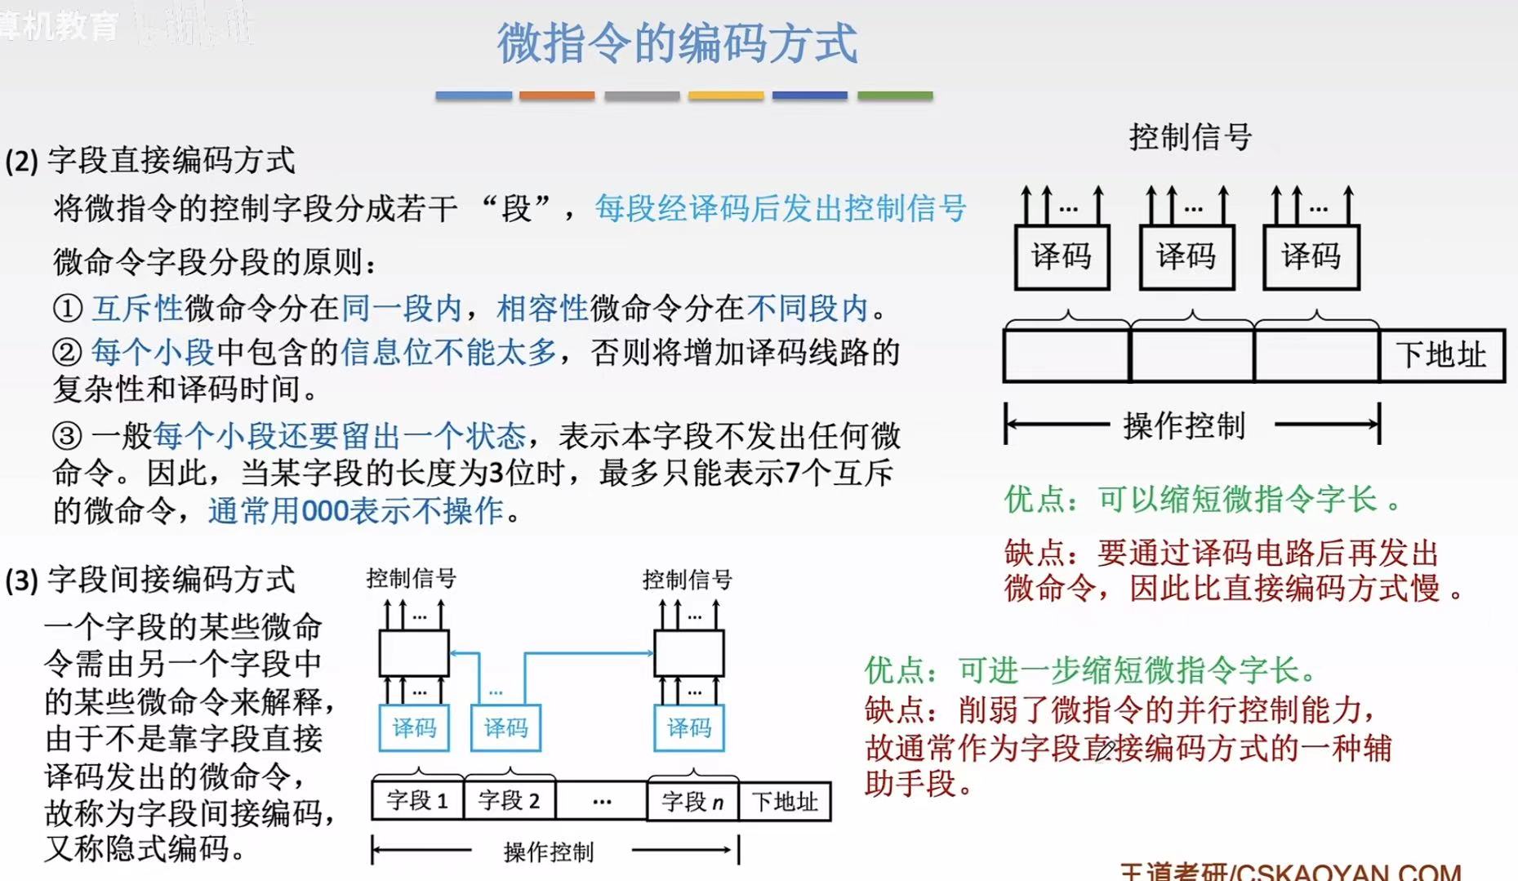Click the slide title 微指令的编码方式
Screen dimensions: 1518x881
(677, 43)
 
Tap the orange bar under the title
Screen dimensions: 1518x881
(557, 96)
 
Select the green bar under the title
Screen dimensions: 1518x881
(895, 96)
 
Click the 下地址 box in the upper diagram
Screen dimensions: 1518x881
(1441, 355)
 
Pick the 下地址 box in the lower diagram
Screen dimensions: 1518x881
(785, 801)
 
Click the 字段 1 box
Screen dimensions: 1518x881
(417, 801)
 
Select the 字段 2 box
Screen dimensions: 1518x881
(509, 801)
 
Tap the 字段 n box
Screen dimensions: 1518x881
(692, 801)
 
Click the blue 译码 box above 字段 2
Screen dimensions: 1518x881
(505, 727)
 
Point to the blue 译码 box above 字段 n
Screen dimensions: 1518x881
(689, 727)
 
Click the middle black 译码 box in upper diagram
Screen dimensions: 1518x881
(1186, 257)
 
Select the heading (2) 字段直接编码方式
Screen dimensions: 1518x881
(150, 160)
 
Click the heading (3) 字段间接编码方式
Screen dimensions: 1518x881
(150, 580)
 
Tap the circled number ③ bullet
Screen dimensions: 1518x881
(67, 436)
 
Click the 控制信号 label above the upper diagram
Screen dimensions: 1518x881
(1191, 137)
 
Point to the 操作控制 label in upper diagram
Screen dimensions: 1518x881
(1184, 425)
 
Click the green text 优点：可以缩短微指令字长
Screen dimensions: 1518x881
(1200, 499)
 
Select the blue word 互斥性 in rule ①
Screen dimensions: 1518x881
(137, 309)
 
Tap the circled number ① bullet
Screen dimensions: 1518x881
(67, 309)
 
